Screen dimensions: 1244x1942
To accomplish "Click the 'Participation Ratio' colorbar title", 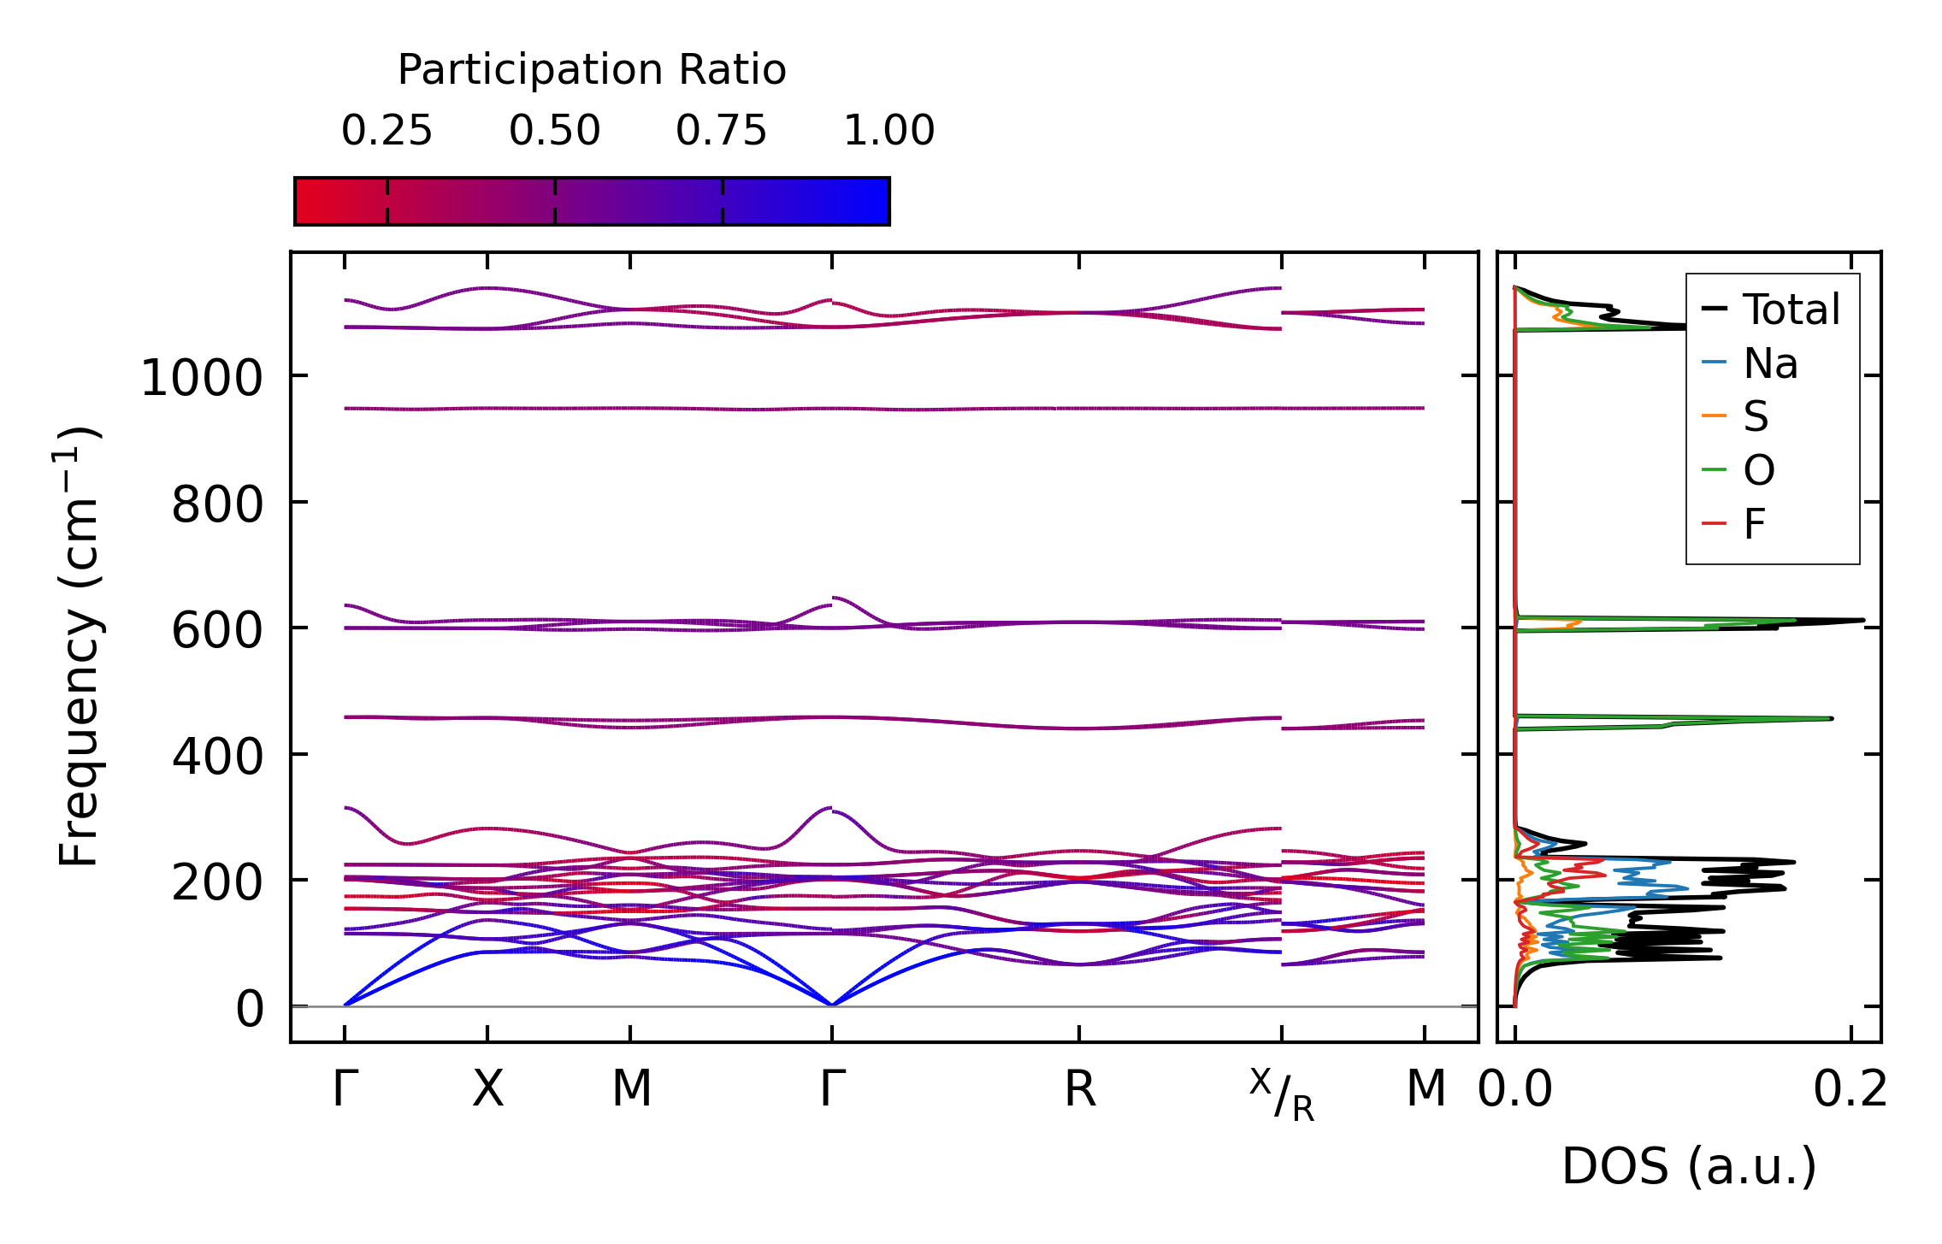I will (x=592, y=70).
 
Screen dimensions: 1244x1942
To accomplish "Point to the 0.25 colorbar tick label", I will (x=387, y=131).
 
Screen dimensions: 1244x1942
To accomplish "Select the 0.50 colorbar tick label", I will (x=554, y=131).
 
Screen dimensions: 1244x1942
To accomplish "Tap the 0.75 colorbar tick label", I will (x=722, y=131).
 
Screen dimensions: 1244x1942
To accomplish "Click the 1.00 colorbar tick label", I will (x=888, y=131).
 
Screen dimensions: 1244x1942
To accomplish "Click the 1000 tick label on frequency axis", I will (x=201, y=378).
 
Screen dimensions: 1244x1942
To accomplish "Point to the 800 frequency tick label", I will (x=217, y=504).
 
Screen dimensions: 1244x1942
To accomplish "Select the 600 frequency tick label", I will (x=217, y=631).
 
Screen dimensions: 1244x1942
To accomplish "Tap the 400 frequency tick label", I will (x=217, y=757).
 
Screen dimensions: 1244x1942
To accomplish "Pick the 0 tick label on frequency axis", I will (x=250, y=1009).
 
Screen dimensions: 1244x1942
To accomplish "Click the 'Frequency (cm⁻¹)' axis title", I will (x=79, y=646).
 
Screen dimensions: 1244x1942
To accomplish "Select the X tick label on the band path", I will (x=487, y=1089).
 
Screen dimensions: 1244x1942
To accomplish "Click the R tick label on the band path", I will (x=1079, y=1089).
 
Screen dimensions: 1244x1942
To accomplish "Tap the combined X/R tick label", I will (x=1281, y=1094).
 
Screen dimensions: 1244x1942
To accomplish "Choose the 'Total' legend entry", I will (x=1791, y=310).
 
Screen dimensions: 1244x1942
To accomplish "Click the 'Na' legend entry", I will (x=1770, y=363).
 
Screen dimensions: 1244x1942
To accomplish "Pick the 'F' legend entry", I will (x=1755, y=524).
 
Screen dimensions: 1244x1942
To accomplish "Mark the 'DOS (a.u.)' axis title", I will (x=1689, y=1166).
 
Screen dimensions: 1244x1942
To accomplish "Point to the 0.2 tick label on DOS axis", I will (x=1851, y=1089).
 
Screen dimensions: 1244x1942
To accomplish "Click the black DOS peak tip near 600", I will (x=1862, y=620).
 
